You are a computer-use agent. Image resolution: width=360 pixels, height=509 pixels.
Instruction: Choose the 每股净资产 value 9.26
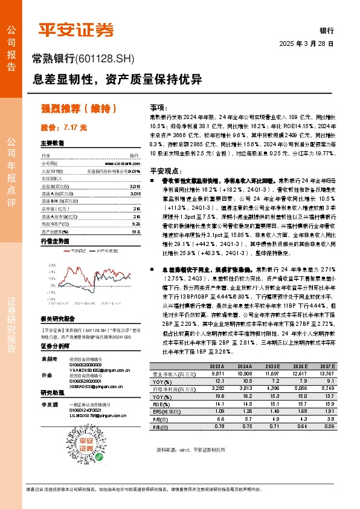pyautogui.click(x=135, y=224)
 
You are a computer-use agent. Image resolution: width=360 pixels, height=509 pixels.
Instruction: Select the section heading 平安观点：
pyautogui.click(x=166, y=170)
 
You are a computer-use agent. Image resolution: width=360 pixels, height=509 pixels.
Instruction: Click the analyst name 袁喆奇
pyautogui.click(x=49, y=358)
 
